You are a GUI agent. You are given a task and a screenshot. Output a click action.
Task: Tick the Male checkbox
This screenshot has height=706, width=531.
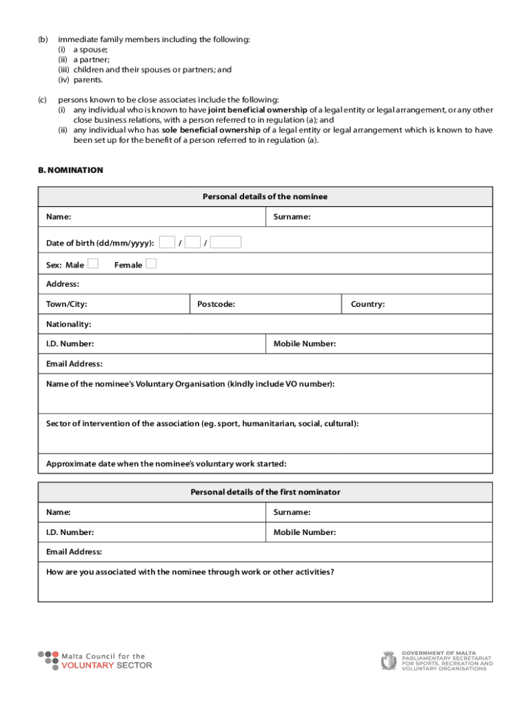coord(93,263)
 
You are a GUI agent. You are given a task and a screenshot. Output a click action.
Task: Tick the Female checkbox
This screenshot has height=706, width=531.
coord(152,263)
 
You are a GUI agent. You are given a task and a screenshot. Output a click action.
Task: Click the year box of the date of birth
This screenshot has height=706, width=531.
coord(226,241)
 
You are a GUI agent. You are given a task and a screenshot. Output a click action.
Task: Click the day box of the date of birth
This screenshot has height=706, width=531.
coord(166,241)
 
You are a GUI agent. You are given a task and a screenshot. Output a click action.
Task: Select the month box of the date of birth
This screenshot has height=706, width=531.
coord(192,241)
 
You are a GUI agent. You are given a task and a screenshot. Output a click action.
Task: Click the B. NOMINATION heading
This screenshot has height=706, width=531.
coord(70,170)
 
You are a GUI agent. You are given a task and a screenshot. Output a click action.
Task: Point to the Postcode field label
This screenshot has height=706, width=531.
coord(216,304)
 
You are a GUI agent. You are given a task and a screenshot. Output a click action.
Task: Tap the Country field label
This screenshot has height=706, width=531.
coord(368,304)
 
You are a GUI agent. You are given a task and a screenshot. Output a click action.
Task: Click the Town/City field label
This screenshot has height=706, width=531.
coord(66,304)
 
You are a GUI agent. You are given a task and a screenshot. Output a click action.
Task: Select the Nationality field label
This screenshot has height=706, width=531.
coord(68,323)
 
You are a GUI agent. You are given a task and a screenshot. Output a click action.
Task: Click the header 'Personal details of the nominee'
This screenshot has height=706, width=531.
coord(265,196)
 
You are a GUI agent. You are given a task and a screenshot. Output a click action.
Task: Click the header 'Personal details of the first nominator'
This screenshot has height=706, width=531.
coord(265,492)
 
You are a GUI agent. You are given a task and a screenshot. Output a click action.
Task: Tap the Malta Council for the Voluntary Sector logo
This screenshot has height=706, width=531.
coord(94,660)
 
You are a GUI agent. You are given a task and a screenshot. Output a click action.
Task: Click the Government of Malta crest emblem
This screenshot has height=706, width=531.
coord(388,660)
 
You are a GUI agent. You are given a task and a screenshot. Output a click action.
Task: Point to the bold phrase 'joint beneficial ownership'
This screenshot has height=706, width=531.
coord(257,110)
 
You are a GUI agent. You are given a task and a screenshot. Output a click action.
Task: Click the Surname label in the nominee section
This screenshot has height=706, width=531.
coord(292,217)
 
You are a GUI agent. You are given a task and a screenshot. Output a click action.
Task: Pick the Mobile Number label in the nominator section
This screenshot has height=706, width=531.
coord(304,532)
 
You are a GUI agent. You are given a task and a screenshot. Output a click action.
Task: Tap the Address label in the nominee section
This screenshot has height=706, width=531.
coord(63,284)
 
